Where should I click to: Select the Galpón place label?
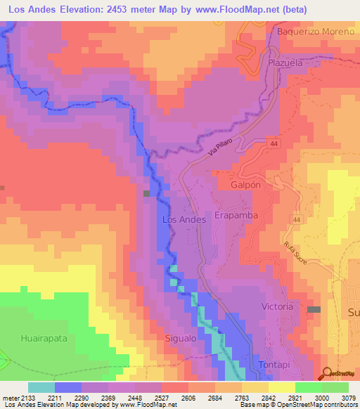click(x=245, y=185)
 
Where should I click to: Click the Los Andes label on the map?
click(x=184, y=220)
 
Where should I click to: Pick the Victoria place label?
click(x=276, y=307)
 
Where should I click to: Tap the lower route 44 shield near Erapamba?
click(x=297, y=220)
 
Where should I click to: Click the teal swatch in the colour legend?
click(x=41, y=387)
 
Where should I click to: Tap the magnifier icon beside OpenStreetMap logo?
click(x=326, y=374)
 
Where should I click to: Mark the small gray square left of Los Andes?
click(x=147, y=193)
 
